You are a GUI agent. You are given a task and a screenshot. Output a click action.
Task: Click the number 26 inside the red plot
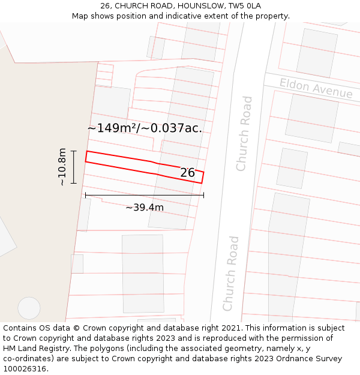point(188,173)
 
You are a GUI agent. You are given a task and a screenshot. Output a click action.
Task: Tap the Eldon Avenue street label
point(316,89)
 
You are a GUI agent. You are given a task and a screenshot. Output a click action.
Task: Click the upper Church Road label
point(244,133)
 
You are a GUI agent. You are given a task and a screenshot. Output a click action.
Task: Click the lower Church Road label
point(231,274)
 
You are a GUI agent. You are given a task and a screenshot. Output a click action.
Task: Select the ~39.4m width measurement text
point(145,208)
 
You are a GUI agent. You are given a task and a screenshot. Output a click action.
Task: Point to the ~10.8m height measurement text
point(62,167)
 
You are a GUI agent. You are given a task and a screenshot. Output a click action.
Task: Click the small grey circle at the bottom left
point(29,308)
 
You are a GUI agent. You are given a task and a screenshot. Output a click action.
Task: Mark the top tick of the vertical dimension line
point(74,151)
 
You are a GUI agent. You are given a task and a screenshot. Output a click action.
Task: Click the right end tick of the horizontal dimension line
point(203,195)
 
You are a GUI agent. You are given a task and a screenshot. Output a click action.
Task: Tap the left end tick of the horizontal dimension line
point(85,195)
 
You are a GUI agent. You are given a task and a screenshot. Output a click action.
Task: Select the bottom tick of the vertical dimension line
point(74,183)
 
